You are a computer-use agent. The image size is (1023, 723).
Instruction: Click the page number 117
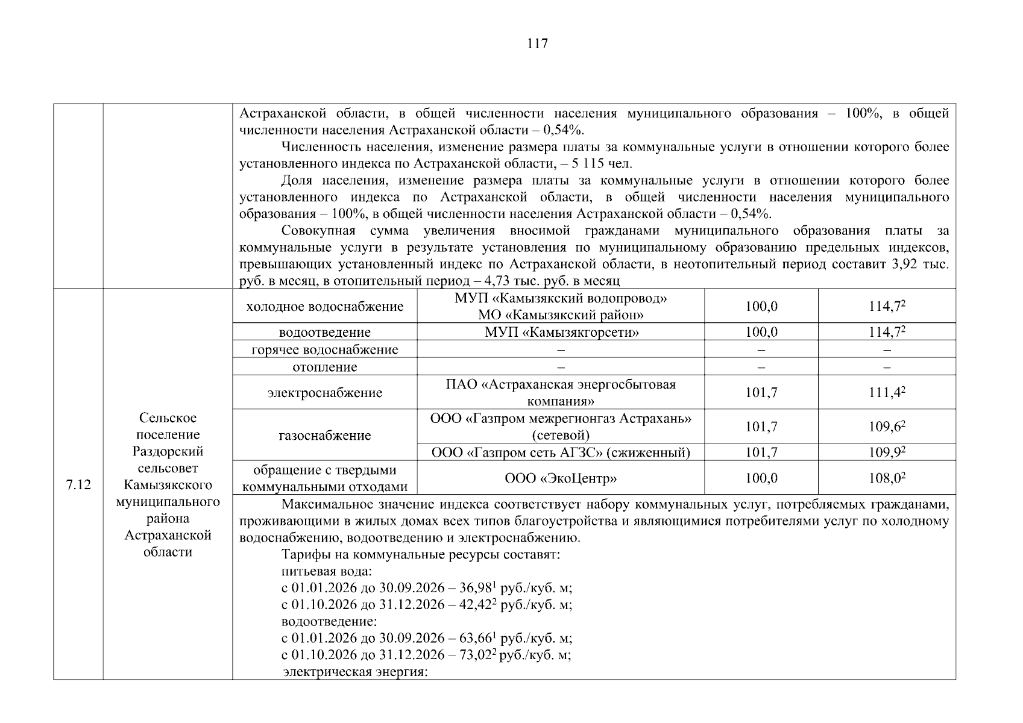tap(537, 43)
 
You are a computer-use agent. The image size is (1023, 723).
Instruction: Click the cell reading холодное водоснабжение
tap(324, 307)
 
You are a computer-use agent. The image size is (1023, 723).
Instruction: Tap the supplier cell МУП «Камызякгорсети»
tap(561, 332)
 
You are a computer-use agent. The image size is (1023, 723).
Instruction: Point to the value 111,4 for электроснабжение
tap(886, 393)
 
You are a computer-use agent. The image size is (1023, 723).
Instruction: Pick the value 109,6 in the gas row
tap(886, 427)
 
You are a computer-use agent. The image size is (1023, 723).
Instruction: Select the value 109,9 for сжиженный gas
tap(886, 452)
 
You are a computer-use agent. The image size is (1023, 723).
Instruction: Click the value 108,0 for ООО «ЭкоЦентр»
tap(886, 478)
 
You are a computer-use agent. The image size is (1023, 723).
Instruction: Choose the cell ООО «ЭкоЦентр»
tap(561, 478)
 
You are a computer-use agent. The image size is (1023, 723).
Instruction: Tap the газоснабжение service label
tap(324, 436)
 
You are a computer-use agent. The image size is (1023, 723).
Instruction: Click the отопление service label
tap(324, 367)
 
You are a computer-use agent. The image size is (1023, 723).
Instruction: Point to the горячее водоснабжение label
tap(324, 349)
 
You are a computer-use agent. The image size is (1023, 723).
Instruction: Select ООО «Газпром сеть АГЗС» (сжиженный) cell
tap(561, 452)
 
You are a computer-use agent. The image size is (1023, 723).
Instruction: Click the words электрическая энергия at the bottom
tap(356, 672)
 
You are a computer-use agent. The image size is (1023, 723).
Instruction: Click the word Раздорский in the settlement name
tap(168, 451)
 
